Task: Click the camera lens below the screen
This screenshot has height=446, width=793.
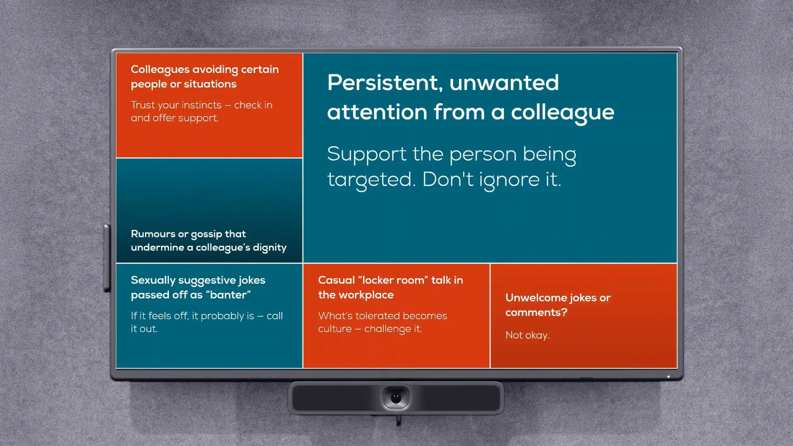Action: pyautogui.click(x=396, y=398)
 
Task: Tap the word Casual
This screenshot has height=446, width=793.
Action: pyautogui.click(x=336, y=280)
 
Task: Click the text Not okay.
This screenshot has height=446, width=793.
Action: pyautogui.click(x=527, y=335)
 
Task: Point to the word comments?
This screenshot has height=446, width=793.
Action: pyautogui.click(x=536, y=313)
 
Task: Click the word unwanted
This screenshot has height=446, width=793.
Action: pyautogui.click(x=504, y=83)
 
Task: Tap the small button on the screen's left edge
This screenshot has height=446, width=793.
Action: pyautogui.click(x=107, y=258)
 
